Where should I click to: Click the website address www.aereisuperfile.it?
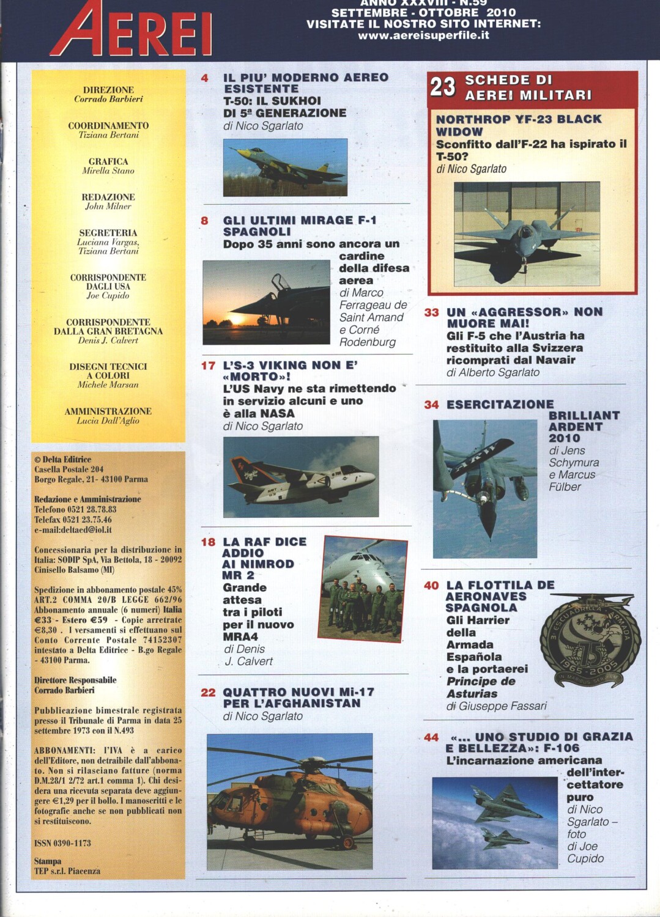(423, 35)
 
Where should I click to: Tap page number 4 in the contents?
(204, 78)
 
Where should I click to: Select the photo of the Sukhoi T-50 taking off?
(285, 167)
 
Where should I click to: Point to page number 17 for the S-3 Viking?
(208, 366)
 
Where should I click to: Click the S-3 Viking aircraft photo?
(301, 477)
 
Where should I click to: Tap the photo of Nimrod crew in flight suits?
(364, 589)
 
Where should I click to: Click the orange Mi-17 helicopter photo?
(289, 801)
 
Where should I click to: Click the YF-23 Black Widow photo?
(526, 234)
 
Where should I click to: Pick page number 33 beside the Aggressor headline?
(431, 312)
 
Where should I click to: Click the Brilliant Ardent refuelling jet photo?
(484, 488)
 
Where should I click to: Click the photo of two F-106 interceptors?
(494, 822)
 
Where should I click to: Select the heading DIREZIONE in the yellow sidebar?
(108, 90)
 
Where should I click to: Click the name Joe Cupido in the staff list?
(108, 296)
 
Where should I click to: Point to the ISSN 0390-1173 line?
(62, 843)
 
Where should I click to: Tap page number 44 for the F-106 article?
(431, 737)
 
